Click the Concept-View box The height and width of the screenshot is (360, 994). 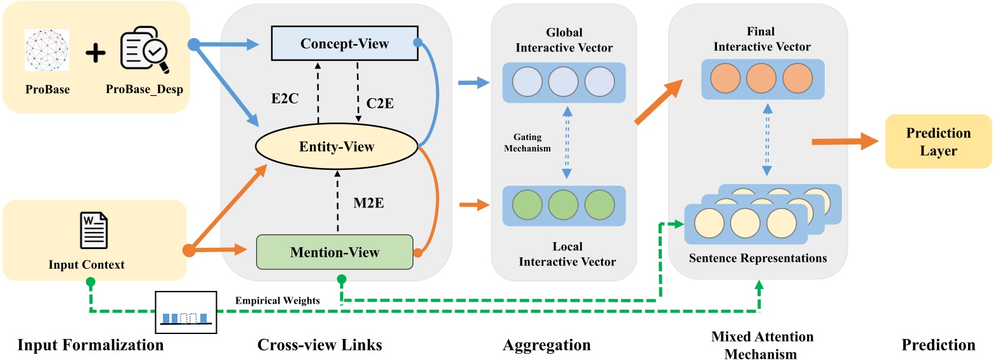pos(344,43)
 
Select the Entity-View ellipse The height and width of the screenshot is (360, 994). pos(337,147)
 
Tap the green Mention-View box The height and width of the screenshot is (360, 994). pos(334,252)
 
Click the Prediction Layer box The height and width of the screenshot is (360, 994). pos(938,141)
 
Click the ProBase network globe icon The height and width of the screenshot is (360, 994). pos(48,49)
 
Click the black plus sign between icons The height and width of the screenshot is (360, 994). pos(95,53)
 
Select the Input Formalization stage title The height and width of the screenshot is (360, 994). pos(90,345)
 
